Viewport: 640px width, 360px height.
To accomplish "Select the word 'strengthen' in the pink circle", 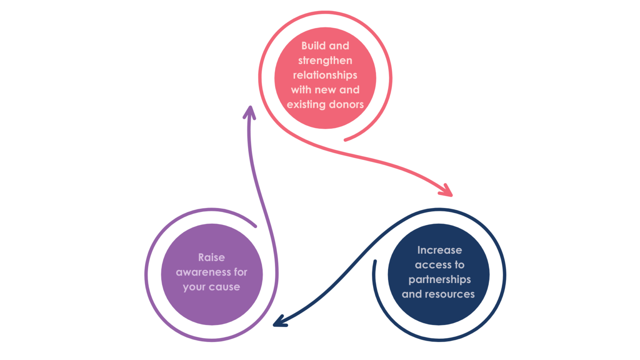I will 325,61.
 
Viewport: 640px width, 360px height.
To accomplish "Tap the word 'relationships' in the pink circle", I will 325,75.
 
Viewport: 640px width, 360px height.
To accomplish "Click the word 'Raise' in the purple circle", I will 211,257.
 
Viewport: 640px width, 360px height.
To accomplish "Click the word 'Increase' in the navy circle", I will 440,250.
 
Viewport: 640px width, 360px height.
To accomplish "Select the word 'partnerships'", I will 440,280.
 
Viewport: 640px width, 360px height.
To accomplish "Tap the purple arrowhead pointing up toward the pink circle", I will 250,112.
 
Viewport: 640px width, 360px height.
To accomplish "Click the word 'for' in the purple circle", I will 240,272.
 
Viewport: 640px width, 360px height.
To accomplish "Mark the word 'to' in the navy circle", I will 459,265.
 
